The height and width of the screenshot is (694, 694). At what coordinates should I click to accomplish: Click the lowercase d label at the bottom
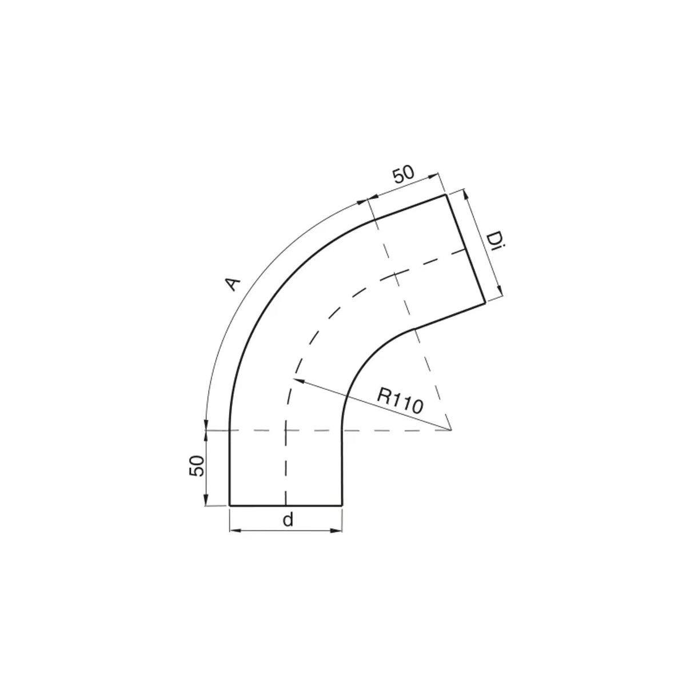coord(288,520)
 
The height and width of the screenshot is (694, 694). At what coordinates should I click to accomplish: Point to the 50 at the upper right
coord(404,174)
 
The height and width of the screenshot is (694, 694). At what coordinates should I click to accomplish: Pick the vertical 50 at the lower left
coord(197,466)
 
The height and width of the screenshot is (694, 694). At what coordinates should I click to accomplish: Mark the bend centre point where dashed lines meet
coord(451,430)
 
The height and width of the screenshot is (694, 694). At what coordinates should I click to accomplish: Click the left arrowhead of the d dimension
coord(230,531)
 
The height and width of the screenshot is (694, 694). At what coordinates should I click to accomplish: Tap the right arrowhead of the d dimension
coord(342,531)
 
